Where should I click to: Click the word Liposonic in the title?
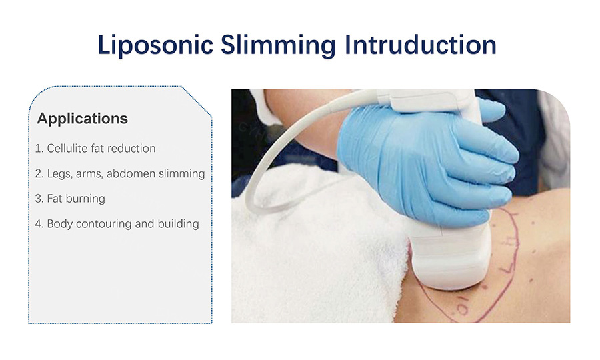point(155,45)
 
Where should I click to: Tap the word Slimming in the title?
point(278,45)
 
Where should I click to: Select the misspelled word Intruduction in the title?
point(420,45)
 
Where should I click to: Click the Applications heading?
point(82,119)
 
